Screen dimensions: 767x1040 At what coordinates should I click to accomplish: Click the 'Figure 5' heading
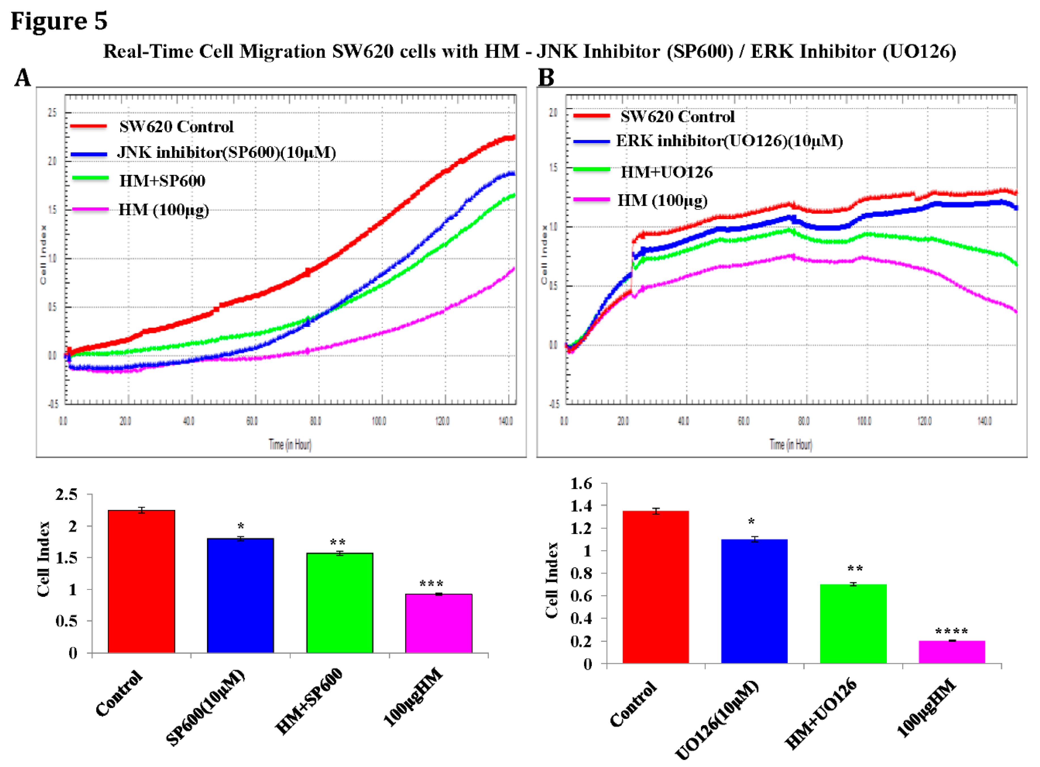point(59,21)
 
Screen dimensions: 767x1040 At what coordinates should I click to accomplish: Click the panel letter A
point(23,77)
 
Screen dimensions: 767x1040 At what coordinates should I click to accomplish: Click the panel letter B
point(546,77)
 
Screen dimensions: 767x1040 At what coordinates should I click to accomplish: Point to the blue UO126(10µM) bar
point(754,601)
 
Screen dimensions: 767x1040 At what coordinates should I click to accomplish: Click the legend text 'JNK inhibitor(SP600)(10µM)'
point(226,152)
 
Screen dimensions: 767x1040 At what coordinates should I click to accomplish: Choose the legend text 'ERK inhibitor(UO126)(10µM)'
point(729,141)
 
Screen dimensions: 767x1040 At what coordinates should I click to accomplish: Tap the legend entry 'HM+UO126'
point(667,172)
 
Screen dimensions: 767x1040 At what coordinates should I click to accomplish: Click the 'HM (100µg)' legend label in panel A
point(164,210)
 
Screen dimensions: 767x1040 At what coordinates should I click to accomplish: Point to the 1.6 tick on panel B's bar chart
point(581,484)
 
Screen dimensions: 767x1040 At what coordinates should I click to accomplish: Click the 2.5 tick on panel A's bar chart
point(66,495)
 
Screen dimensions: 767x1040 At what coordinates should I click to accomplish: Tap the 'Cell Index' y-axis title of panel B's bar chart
point(551,580)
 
